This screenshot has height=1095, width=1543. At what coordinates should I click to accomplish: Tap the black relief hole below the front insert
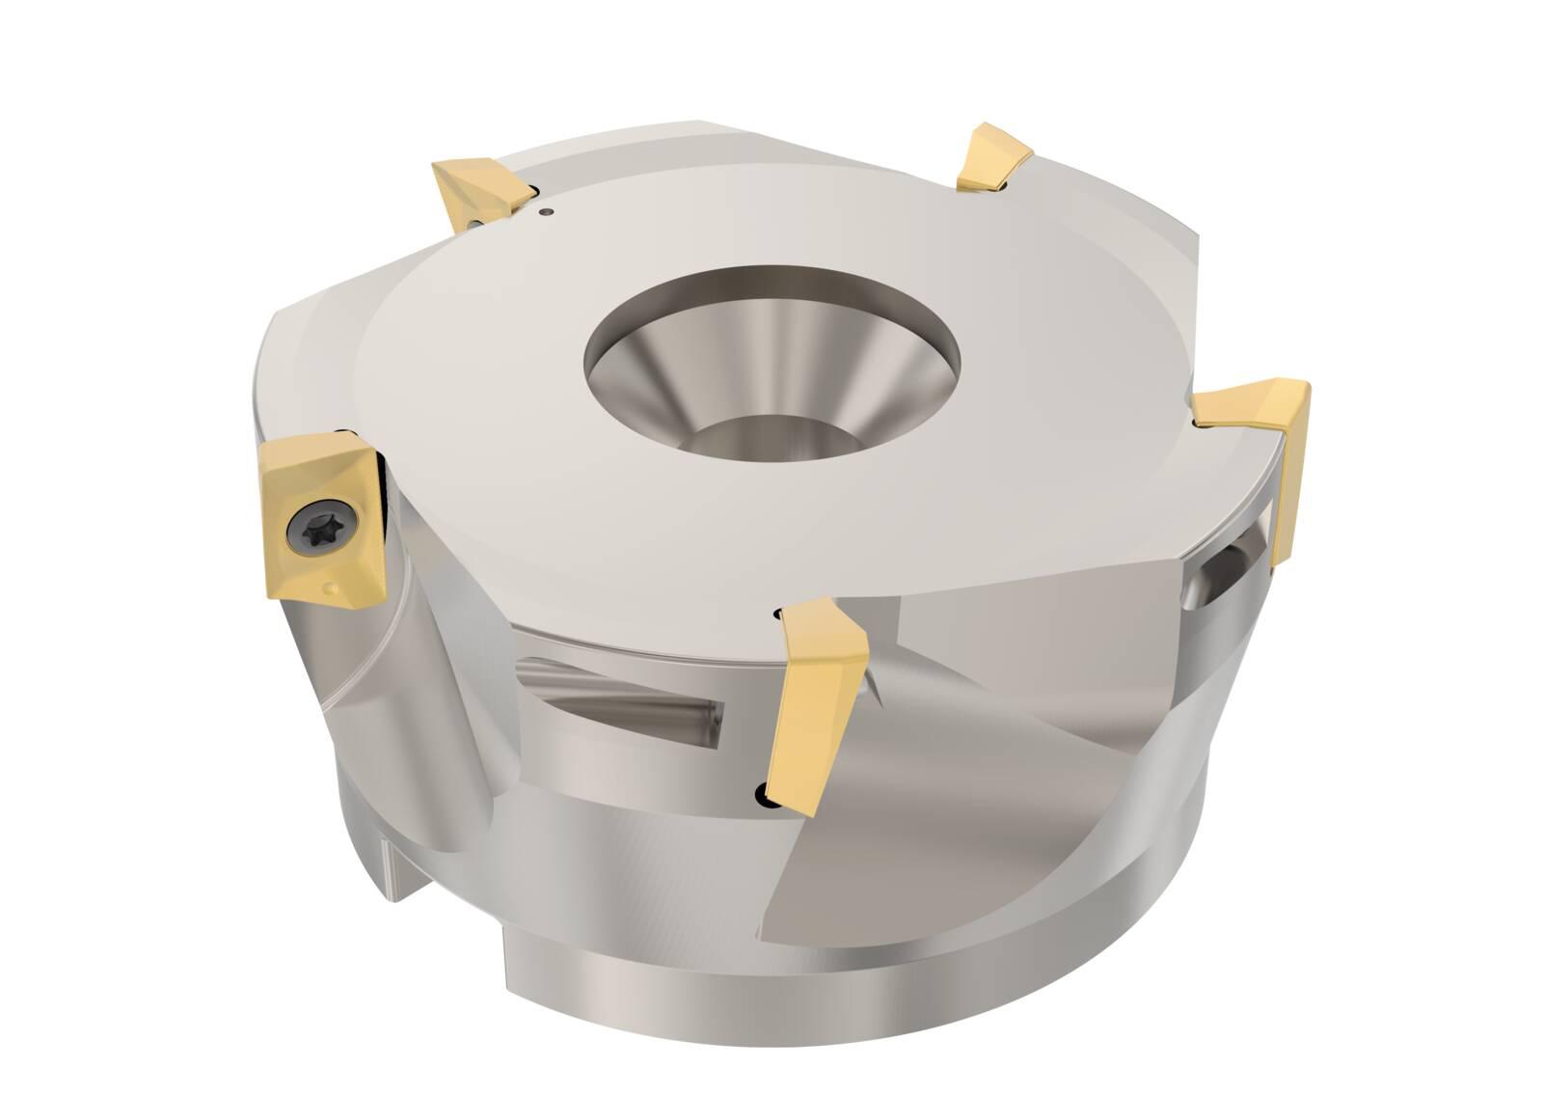pos(763,794)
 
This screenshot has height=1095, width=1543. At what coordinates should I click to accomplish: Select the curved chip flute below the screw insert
pos(434,733)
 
